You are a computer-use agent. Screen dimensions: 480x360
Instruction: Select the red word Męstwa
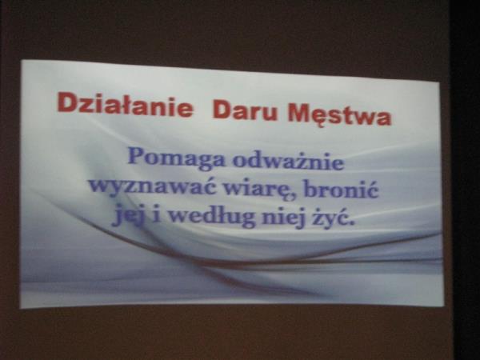point(339,114)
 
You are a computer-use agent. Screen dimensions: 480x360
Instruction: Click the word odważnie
point(288,161)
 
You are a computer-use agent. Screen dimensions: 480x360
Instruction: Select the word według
point(212,216)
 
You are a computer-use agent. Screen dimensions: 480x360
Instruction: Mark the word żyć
point(334,217)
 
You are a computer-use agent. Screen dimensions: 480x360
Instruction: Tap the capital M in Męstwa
point(299,113)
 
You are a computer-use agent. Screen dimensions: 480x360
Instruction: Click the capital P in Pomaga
point(137,156)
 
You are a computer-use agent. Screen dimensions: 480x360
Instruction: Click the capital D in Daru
point(222,109)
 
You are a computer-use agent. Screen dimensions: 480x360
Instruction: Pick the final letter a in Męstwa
point(384,118)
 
